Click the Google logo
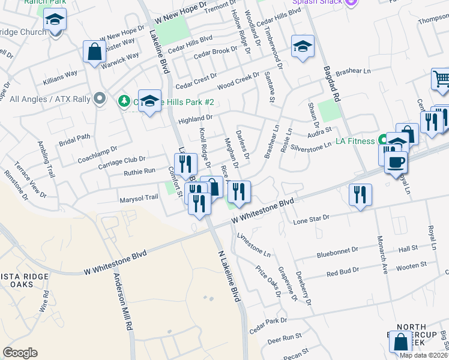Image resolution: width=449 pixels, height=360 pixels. pyautogui.click(x=20, y=352)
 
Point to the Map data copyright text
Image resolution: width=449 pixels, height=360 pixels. pyautogui.click(x=423, y=355)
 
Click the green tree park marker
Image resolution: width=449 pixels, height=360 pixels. pyautogui.click(x=124, y=101)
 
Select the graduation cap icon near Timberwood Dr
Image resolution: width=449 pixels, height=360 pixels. pyautogui.click(x=303, y=46)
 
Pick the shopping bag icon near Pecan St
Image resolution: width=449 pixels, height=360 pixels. pyautogui.click(x=400, y=342)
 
